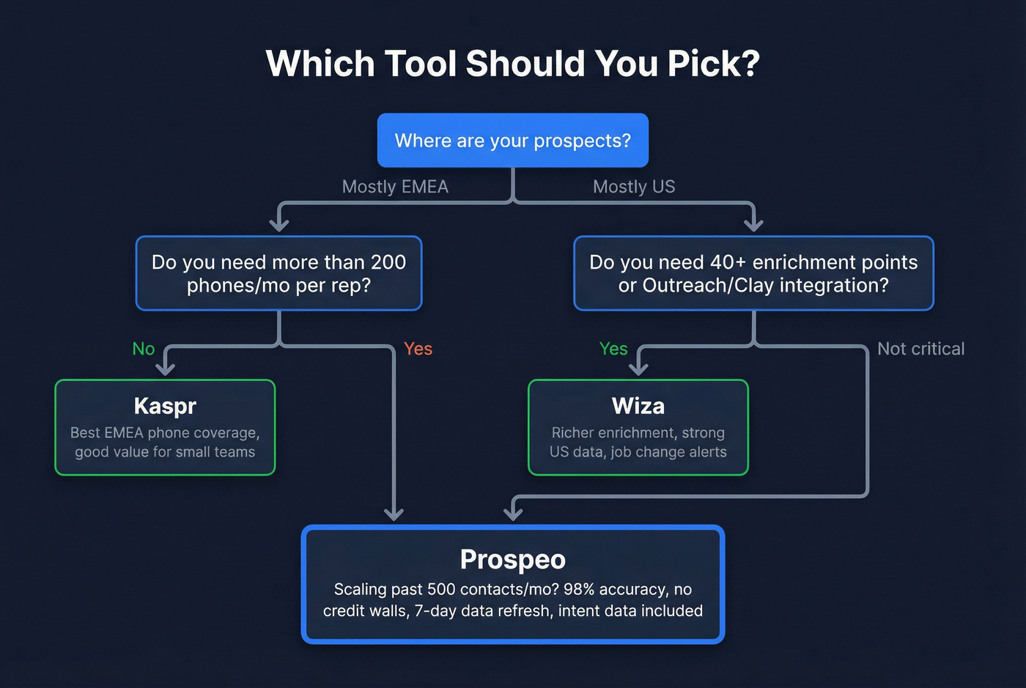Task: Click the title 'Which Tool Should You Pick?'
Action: point(512,64)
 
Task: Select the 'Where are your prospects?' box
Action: point(512,141)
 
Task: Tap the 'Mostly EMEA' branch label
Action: point(395,187)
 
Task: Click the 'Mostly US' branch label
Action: point(634,187)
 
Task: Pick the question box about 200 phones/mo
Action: point(278,273)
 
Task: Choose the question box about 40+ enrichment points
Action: point(753,273)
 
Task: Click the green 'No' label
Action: point(144,349)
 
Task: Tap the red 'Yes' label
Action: point(418,349)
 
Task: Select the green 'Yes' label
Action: point(613,349)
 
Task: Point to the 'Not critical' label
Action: point(920,349)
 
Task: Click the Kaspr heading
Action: point(165,406)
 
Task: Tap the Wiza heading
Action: point(638,406)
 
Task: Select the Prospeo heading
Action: point(512,560)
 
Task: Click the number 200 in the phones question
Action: point(388,262)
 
